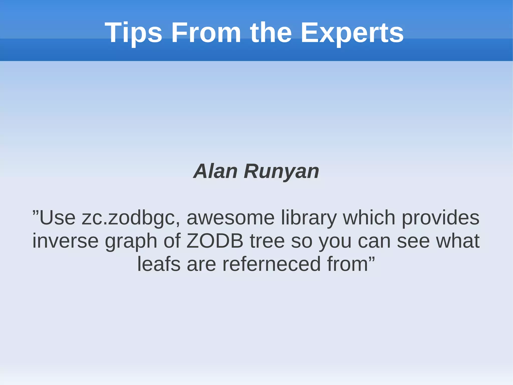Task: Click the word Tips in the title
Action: [x=133, y=33]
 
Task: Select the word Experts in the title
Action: [x=352, y=33]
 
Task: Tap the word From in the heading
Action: [x=206, y=33]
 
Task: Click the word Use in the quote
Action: [x=57, y=218]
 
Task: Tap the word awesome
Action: [x=230, y=218]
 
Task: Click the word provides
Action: [x=440, y=218]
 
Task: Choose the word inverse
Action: [x=65, y=241]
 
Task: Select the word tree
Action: [x=267, y=241]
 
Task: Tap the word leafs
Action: [x=159, y=264]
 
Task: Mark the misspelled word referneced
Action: [x=272, y=264]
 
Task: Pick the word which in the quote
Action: [x=369, y=218]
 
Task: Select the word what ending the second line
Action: [x=458, y=241]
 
